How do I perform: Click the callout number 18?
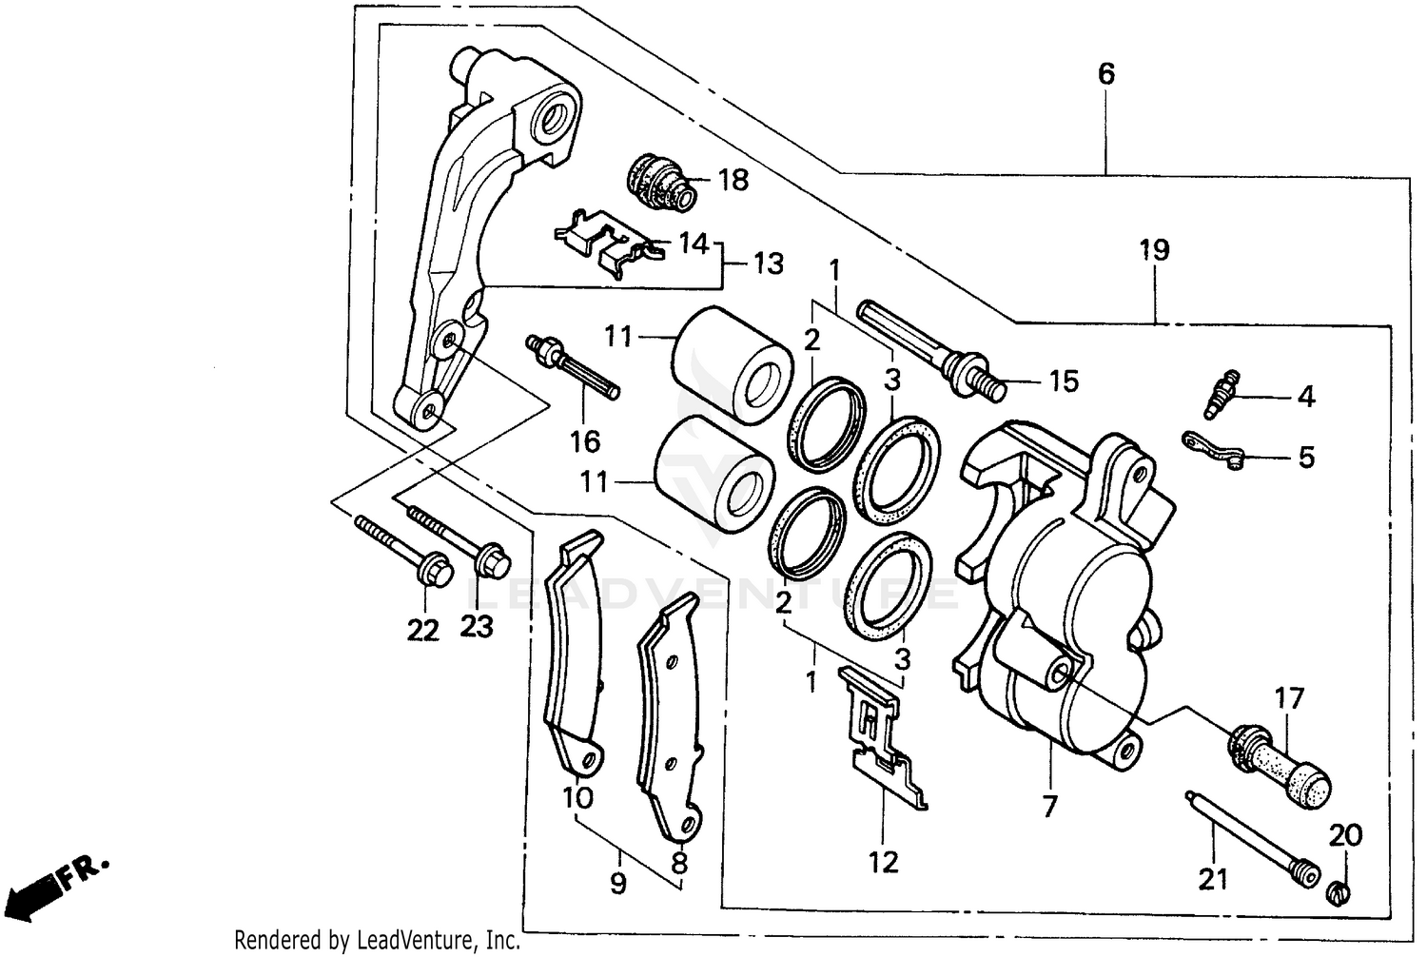[733, 179]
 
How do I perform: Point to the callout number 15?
[1064, 381]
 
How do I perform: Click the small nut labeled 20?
[1339, 892]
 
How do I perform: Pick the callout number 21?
[1213, 880]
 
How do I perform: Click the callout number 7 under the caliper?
[1049, 807]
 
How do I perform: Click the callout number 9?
[618, 884]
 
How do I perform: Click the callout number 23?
[477, 627]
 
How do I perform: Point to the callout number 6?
[1105, 73]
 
